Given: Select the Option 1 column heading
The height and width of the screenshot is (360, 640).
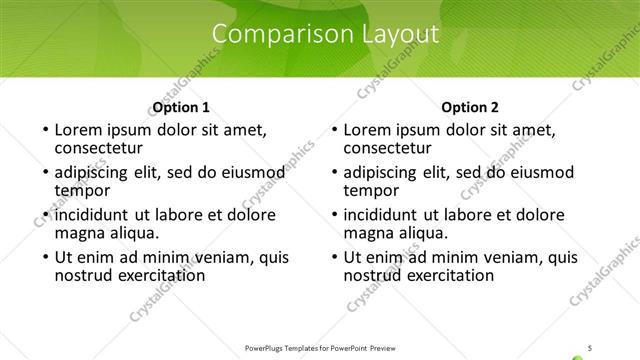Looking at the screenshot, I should click(181, 107).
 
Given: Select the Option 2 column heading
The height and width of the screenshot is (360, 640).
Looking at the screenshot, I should click(469, 107).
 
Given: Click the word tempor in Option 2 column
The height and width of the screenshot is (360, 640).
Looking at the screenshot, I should click(371, 190).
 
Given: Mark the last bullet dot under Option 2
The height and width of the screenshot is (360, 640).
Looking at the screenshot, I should click(333, 258).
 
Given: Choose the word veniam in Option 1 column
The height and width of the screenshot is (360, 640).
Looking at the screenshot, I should click(212, 257).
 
